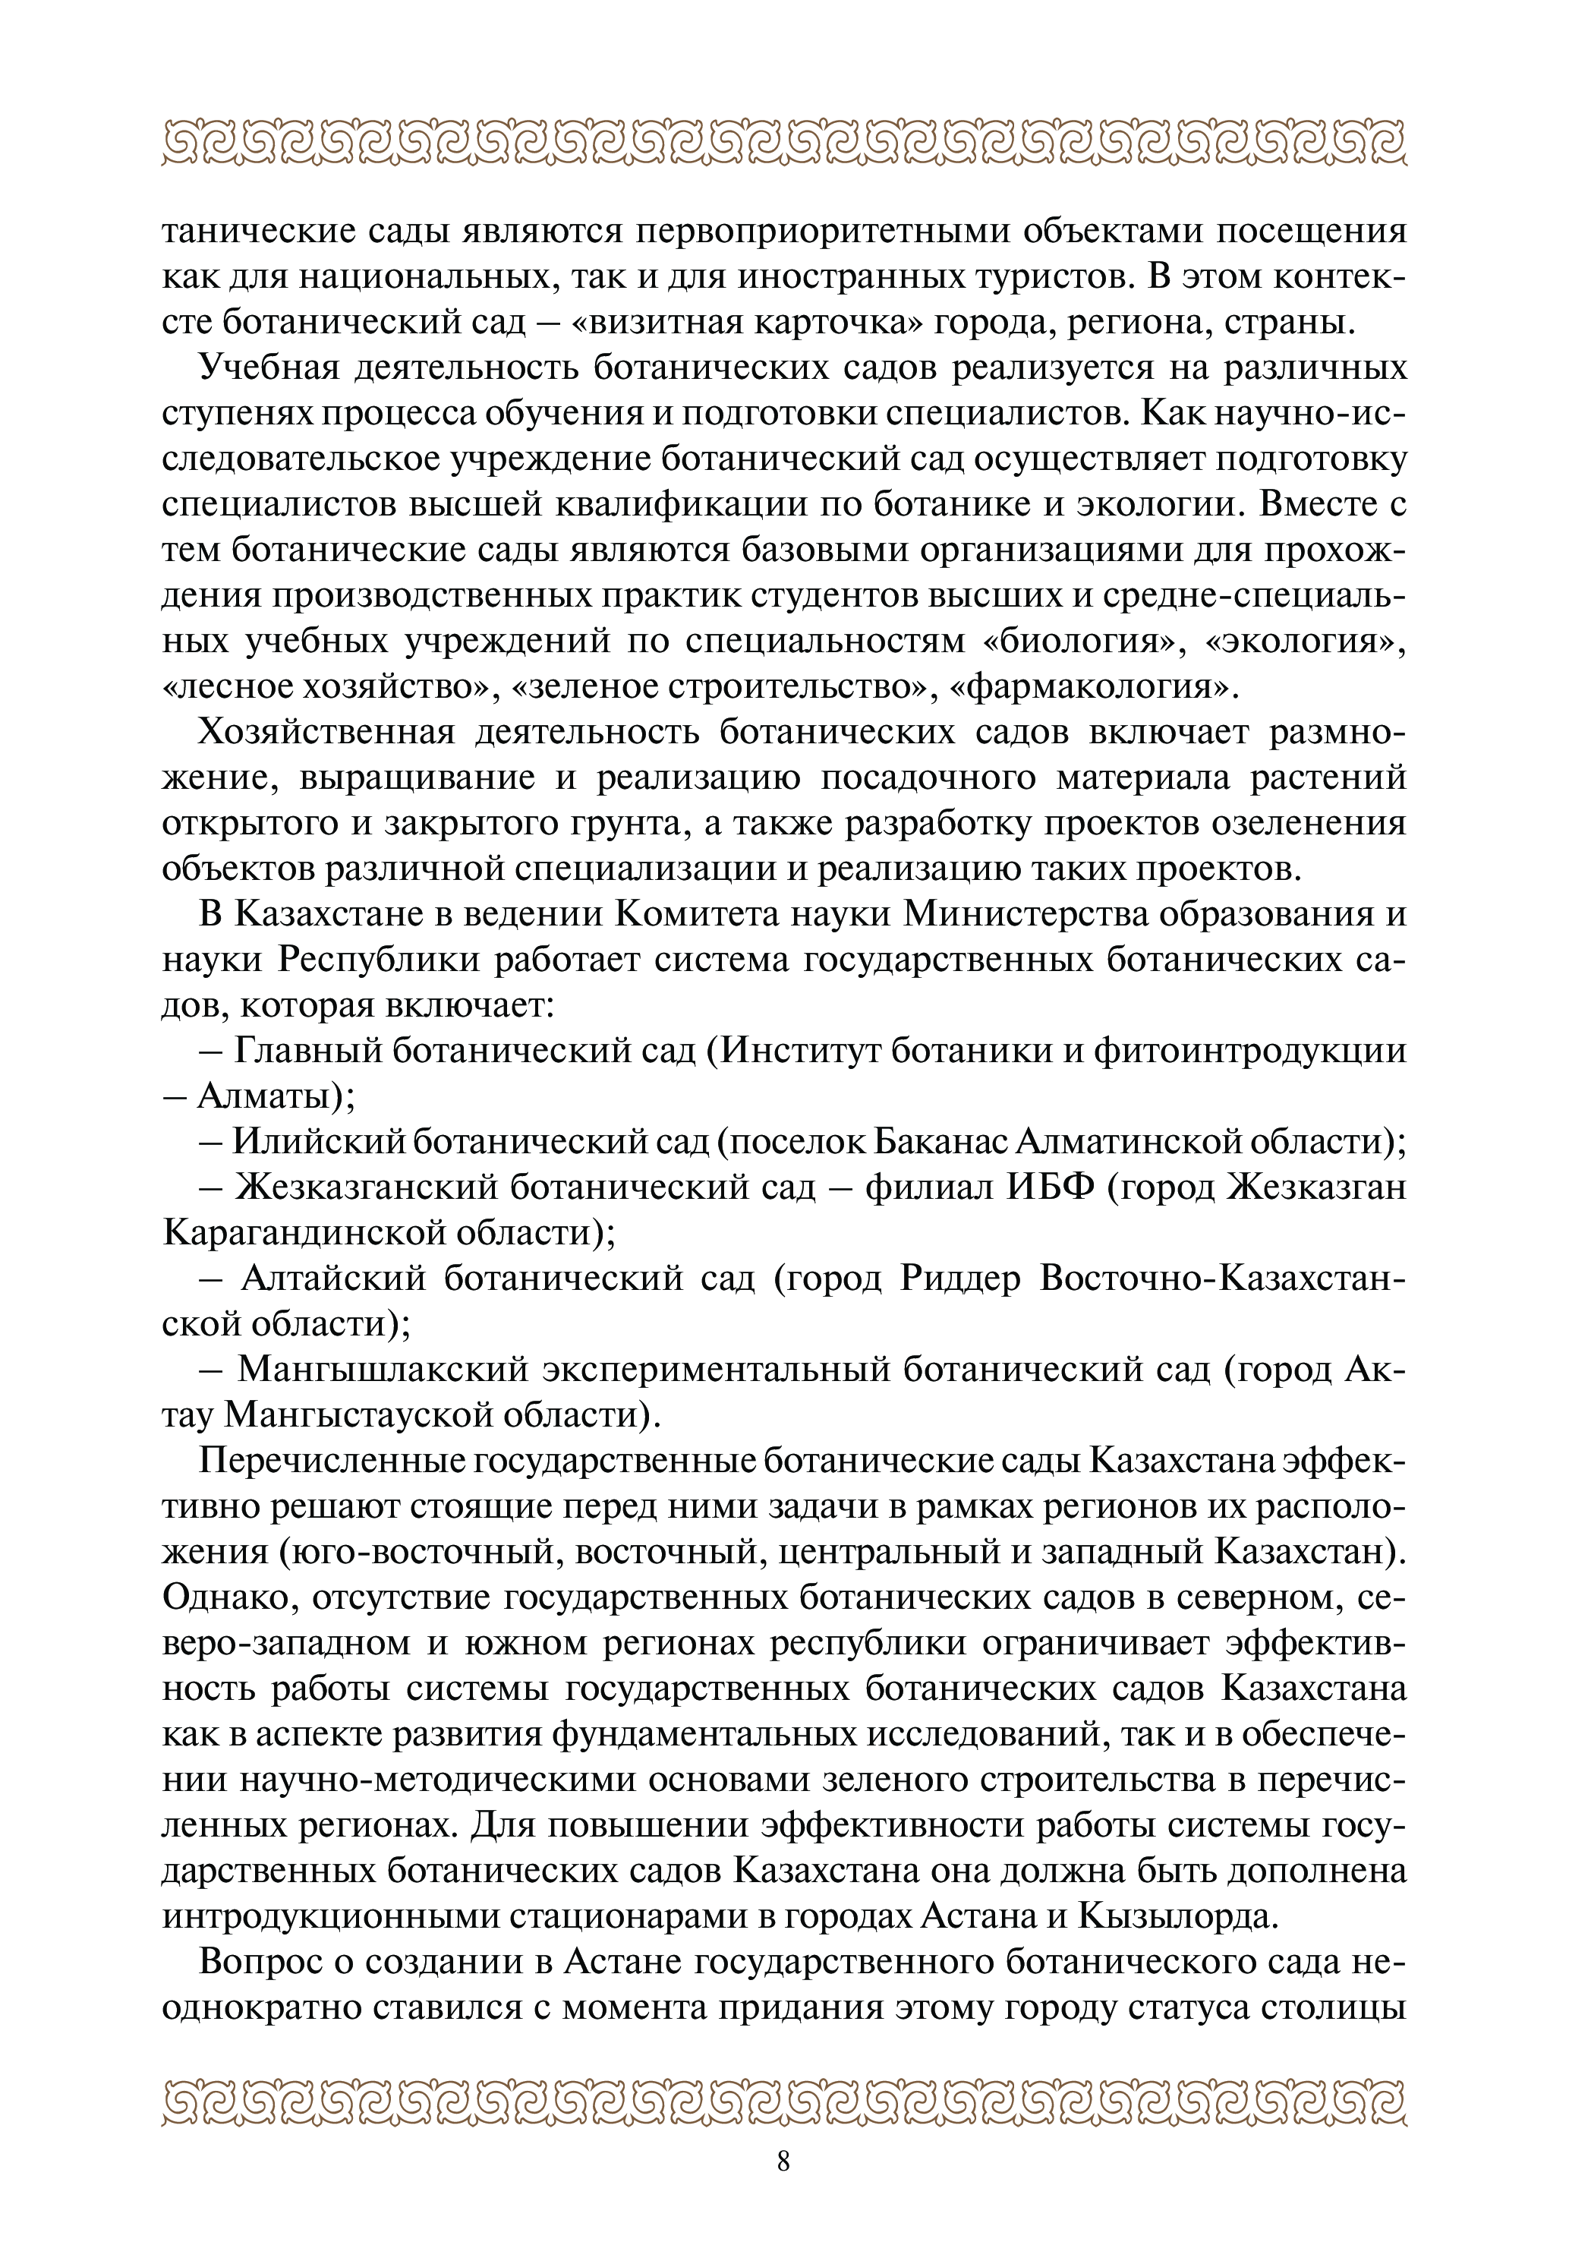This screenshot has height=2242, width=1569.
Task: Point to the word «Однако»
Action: [x=224, y=1597]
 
